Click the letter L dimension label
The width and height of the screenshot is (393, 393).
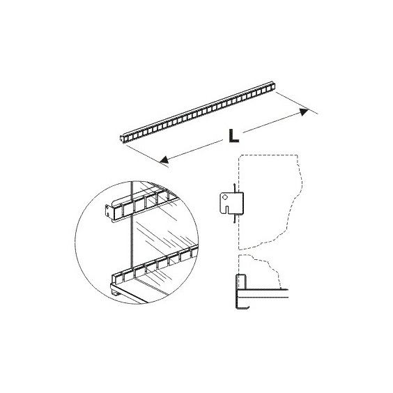(x=233, y=136)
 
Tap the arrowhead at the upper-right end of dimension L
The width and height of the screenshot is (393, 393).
(x=305, y=111)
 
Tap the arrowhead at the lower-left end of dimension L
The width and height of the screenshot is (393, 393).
(x=164, y=160)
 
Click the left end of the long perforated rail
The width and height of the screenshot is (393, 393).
(x=121, y=139)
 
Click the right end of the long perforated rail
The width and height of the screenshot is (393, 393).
(x=273, y=85)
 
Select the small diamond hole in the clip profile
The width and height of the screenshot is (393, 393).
(x=225, y=197)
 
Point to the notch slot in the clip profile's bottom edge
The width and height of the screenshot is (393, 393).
(x=228, y=210)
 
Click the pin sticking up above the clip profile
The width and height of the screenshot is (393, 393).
(x=235, y=188)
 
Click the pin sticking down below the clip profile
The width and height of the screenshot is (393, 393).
(x=235, y=219)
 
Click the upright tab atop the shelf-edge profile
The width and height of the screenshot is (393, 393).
(x=241, y=282)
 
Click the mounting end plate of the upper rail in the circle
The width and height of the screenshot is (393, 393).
(x=107, y=210)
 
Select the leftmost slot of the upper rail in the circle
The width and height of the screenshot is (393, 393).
(x=118, y=213)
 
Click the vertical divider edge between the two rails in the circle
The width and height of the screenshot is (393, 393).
(x=131, y=227)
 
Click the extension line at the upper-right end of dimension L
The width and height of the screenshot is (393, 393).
(x=297, y=103)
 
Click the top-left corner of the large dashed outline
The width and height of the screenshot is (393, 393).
(x=240, y=155)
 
